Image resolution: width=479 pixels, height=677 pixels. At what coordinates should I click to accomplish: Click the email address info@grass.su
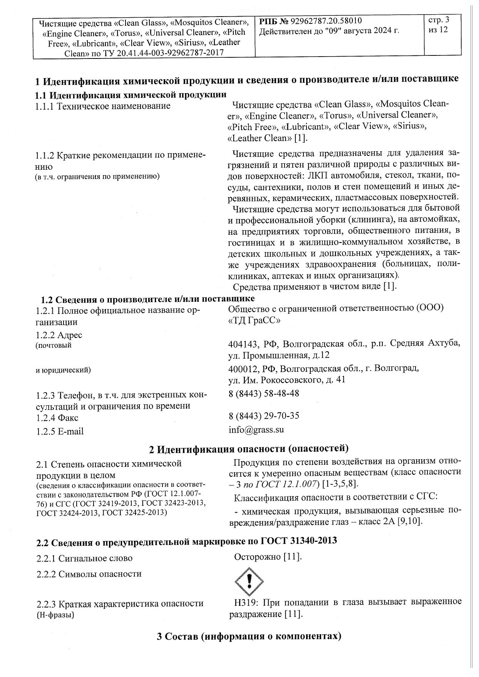click(256, 429)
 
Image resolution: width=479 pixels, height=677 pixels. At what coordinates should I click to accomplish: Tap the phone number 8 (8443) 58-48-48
click(264, 393)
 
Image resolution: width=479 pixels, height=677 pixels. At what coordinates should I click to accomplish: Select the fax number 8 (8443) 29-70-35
click(264, 416)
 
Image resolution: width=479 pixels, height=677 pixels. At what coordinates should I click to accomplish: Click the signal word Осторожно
click(258, 557)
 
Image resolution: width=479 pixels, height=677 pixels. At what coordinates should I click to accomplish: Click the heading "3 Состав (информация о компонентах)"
click(249, 636)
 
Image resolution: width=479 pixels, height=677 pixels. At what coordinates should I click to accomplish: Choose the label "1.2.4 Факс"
click(57, 418)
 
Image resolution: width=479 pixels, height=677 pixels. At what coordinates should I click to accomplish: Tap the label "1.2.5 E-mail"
click(60, 431)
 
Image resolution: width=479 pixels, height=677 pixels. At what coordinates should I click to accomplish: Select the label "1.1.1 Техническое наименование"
click(103, 106)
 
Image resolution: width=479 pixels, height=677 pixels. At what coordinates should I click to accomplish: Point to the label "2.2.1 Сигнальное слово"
click(84, 558)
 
